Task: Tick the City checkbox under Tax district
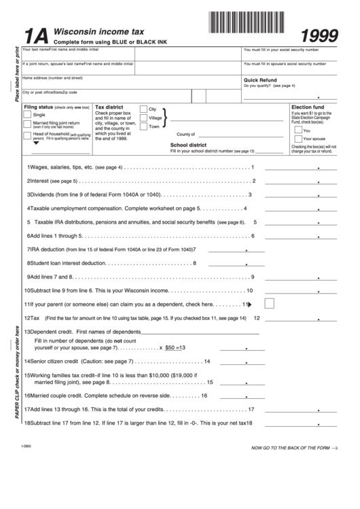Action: click(x=143, y=109)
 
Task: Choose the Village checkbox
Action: click(x=143, y=118)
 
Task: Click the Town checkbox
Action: click(x=143, y=126)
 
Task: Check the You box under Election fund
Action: click(x=298, y=130)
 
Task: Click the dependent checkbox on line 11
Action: click(x=268, y=303)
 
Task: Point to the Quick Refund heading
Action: click(x=260, y=80)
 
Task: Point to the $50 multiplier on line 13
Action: click(x=170, y=347)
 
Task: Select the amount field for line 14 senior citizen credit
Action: click(x=242, y=361)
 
